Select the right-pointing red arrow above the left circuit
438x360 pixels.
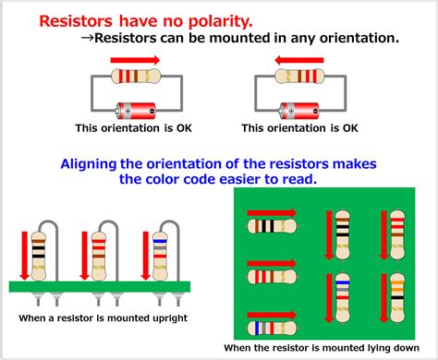[134, 60]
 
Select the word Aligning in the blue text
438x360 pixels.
[97, 162]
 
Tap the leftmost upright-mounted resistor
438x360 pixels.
[39, 250]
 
